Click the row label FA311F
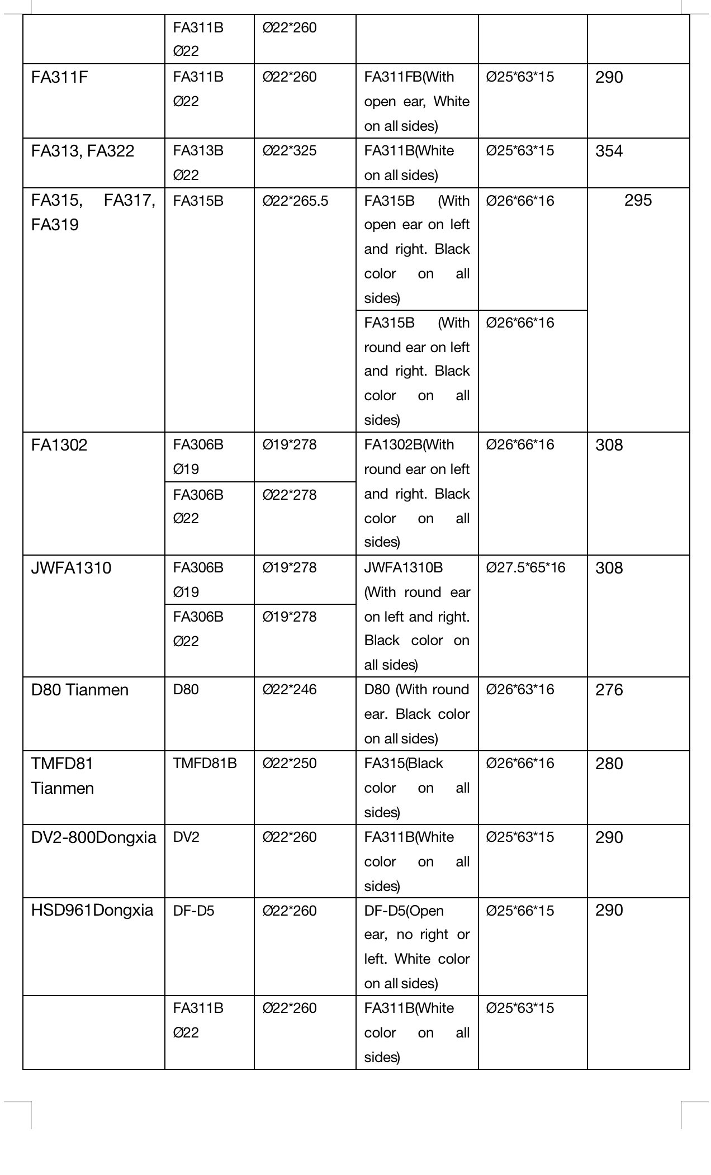[x=59, y=77]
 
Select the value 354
[x=609, y=151]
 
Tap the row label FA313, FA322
[x=83, y=151]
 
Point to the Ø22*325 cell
[x=289, y=151]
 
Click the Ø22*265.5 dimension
[x=295, y=201]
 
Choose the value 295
[x=638, y=200]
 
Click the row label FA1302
[x=59, y=445]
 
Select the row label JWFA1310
[x=71, y=568]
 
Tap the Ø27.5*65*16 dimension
[x=525, y=568]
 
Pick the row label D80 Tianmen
[x=80, y=690]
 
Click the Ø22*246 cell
[x=289, y=690]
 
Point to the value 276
[x=609, y=690]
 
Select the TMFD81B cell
[x=205, y=764]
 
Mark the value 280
[x=609, y=764]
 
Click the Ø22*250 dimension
[x=289, y=764]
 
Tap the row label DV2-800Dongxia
[x=93, y=837]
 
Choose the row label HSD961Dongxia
[x=92, y=910]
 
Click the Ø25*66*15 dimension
[x=520, y=911]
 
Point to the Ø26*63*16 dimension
[x=520, y=690]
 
